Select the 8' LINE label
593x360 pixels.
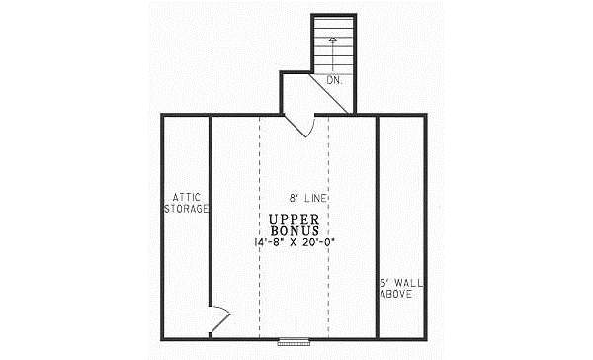[308, 198]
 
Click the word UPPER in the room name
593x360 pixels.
[293, 219]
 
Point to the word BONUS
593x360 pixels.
[293, 229]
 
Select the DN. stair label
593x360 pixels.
[334, 80]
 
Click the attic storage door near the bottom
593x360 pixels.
[219, 318]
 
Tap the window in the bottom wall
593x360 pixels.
[293, 341]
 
